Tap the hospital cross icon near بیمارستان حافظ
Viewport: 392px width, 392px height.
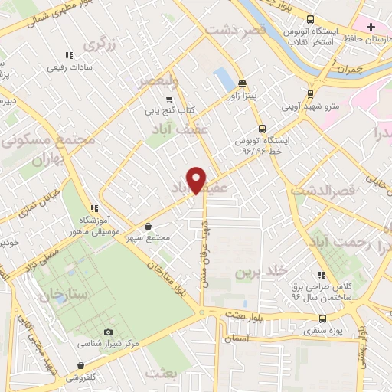point(371,27)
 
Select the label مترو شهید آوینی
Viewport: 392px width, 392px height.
point(331,105)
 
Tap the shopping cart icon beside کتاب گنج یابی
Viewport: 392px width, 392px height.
point(169,99)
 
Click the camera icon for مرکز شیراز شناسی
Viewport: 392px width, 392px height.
point(107,332)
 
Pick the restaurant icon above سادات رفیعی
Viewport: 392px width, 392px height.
point(69,55)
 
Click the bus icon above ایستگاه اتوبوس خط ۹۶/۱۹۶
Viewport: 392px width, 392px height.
point(262,129)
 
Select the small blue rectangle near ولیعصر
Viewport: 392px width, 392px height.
point(224,78)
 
